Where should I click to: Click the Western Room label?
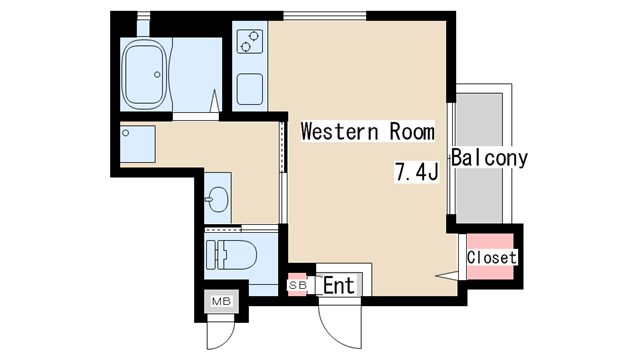[367, 131]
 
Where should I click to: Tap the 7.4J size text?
[416, 171]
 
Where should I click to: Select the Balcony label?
[489, 158]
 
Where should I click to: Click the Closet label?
[492, 258]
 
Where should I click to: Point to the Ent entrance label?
[339, 285]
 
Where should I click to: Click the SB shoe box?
[297, 285]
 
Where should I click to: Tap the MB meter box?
[221, 301]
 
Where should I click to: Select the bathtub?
[145, 74]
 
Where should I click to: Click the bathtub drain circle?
[157, 75]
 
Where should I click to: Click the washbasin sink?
[218, 199]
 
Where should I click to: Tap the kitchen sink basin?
[250, 89]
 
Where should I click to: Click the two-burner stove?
[249, 41]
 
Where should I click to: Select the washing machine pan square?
[138, 144]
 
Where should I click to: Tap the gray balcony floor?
[479, 158]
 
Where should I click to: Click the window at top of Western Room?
[325, 16]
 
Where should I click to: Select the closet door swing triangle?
[447, 276]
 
